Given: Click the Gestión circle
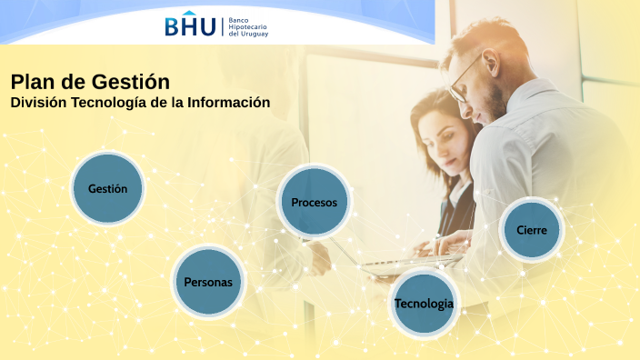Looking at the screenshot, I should click(x=107, y=189).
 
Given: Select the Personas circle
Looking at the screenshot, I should click(x=208, y=282).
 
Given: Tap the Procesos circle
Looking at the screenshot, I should click(x=314, y=202).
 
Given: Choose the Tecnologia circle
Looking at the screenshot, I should click(x=424, y=303).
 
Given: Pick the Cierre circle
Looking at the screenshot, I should click(x=532, y=230).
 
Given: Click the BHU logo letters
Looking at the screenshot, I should click(x=190, y=26).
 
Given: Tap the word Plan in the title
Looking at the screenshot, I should click(x=30, y=82).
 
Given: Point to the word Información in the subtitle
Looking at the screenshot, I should click(x=229, y=103).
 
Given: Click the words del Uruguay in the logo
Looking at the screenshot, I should click(x=246, y=35).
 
